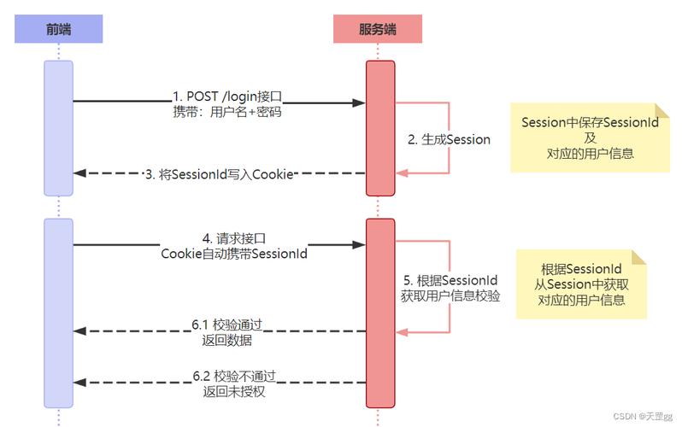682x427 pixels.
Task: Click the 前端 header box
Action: coord(58,30)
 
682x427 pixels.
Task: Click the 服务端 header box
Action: coord(377,30)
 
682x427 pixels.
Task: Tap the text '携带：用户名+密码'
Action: coord(221,111)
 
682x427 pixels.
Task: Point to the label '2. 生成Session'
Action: coord(449,139)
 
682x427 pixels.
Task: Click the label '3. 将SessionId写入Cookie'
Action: coord(220,173)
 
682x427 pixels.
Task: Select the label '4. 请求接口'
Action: coord(221,237)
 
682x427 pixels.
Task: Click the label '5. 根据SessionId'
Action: coord(450,280)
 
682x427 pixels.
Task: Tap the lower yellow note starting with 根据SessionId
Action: coord(581,284)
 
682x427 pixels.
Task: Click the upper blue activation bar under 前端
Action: coord(58,128)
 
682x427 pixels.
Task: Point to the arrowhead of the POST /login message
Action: coord(361,102)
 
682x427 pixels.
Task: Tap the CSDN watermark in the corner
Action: coord(643,416)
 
